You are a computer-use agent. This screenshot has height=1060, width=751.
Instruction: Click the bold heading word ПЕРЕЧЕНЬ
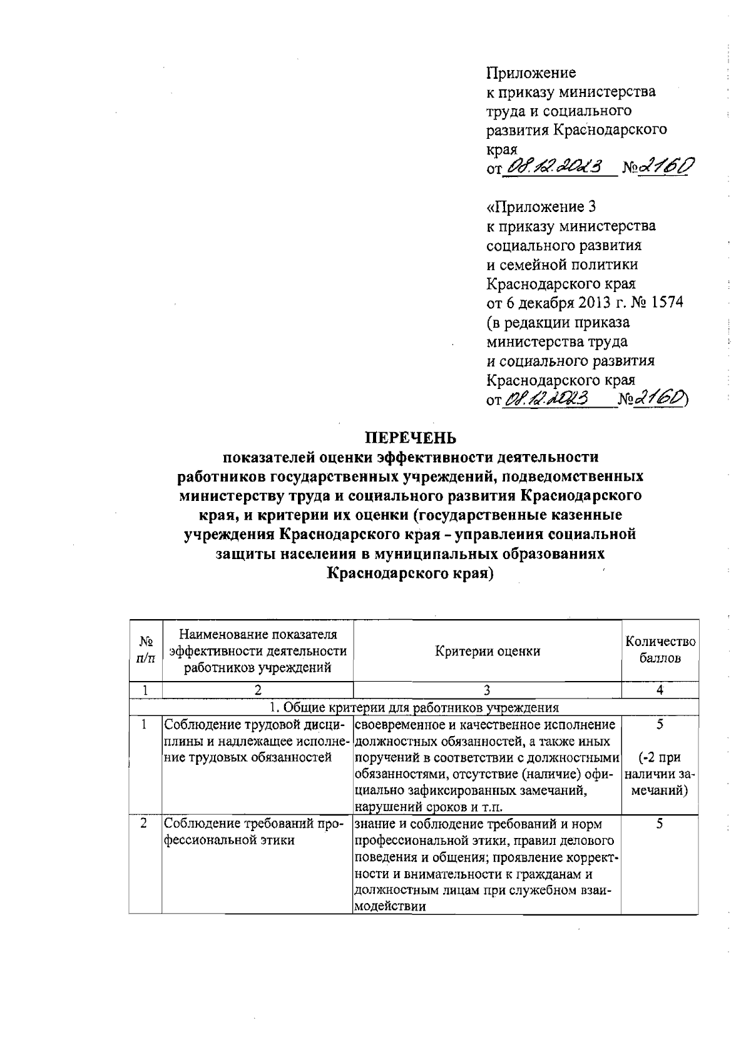(x=411, y=436)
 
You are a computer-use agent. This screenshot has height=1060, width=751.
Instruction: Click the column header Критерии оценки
(x=488, y=651)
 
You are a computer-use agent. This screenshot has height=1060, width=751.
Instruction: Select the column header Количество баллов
(x=660, y=650)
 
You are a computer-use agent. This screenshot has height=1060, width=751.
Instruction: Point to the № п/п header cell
(x=145, y=650)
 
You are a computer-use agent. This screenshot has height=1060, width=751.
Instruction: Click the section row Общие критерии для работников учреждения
(x=413, y=708)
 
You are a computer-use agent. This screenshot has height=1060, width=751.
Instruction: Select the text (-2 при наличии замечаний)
(x=660, y=774)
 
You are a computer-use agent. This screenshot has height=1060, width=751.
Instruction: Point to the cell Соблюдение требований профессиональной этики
(x=253, y=832)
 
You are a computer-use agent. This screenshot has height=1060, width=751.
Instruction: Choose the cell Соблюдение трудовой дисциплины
(x=253, y=742)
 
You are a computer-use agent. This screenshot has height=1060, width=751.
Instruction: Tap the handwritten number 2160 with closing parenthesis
(x=661, y=398)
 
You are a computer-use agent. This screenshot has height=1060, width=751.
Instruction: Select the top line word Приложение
(x=531, y=73)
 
